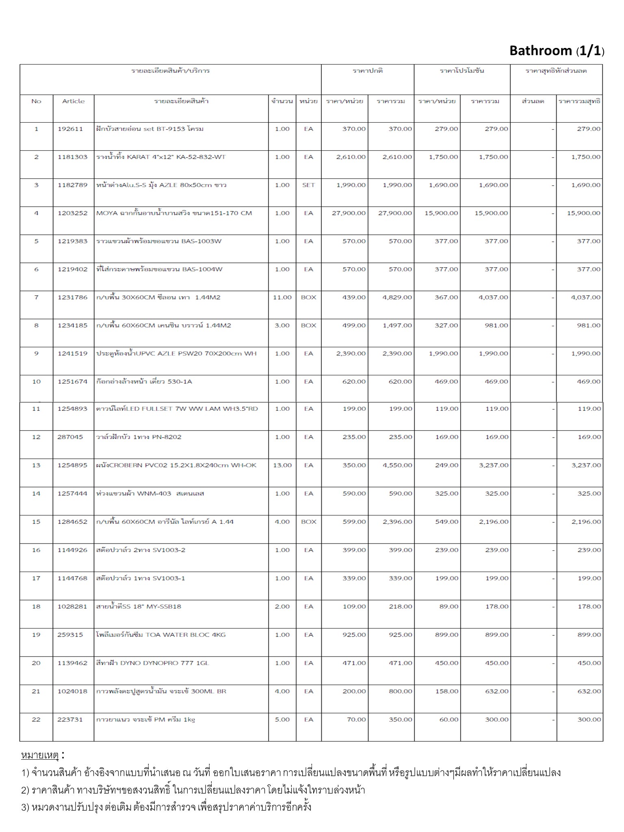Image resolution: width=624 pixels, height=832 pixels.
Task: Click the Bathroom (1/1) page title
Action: tap(557, 51)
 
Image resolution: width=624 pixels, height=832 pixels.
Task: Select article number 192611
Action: tap(70, 129)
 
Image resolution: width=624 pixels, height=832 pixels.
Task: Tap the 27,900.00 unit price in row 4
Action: tap(349, 213)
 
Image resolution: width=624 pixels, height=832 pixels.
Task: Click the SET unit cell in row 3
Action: tap(308, 185)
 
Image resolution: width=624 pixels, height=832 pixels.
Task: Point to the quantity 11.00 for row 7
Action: tap(282, 297)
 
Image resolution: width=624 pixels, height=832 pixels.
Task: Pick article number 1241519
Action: tap(72, 353)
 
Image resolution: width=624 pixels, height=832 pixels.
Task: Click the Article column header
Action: tap(73, 101)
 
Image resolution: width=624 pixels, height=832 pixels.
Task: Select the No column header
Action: tap(36, 101)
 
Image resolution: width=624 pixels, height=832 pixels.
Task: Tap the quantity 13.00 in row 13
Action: tap(282, 465)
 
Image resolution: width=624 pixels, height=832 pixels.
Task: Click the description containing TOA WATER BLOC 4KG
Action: tap(161, 635)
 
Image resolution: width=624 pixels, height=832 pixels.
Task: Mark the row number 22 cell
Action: tap(36, 719)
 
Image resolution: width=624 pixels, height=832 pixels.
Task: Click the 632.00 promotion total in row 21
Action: tap(496, 691)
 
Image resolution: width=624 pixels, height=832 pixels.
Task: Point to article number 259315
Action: tap(70, 635)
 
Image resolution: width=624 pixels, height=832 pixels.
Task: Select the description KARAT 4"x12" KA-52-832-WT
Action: tap(161, 157)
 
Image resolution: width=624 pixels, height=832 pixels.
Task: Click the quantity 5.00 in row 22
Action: tap(282, 719)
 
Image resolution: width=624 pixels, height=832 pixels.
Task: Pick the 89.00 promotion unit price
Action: tap(448, 607)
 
